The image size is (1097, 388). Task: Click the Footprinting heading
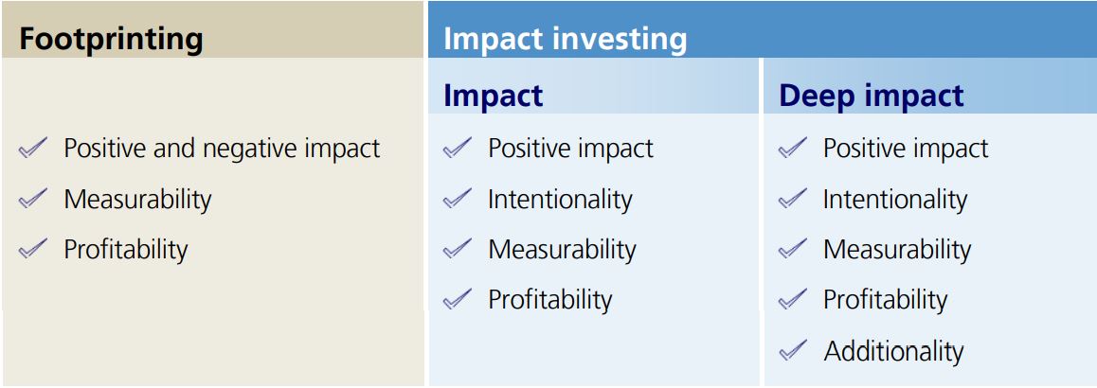[x=111, y=39]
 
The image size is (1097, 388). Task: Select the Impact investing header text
[x=565, y=39]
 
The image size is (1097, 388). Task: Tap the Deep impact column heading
[x=871, y=96]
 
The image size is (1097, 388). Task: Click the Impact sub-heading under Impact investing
[x=493, y=96]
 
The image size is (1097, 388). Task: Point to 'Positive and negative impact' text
[x=222, y=149]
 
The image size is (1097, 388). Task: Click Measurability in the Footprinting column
[x=137, y=199]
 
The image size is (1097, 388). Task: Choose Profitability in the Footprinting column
[x=125, y=249]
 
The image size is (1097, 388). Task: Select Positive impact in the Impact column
[x=570, y=149]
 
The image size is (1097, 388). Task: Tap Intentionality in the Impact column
[x=560, y=199]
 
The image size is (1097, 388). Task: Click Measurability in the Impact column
[x=562, y=249]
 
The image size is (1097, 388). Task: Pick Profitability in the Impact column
[x=549, y=300]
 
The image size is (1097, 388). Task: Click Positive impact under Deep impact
[x=905, y=149]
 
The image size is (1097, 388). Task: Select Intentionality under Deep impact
[x=894, y=199]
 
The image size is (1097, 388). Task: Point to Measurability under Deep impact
[x=896, y=249]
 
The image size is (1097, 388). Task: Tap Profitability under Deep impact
[x=885, y=300]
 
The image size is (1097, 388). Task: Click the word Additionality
[x=893, y=351]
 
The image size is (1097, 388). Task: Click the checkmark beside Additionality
[x=793, y=351]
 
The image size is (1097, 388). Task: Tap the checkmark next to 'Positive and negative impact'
[x=33, y=148]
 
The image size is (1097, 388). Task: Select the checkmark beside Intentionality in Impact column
[x=458, y=199]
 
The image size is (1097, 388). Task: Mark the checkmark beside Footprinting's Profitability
[x=33, y=249]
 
